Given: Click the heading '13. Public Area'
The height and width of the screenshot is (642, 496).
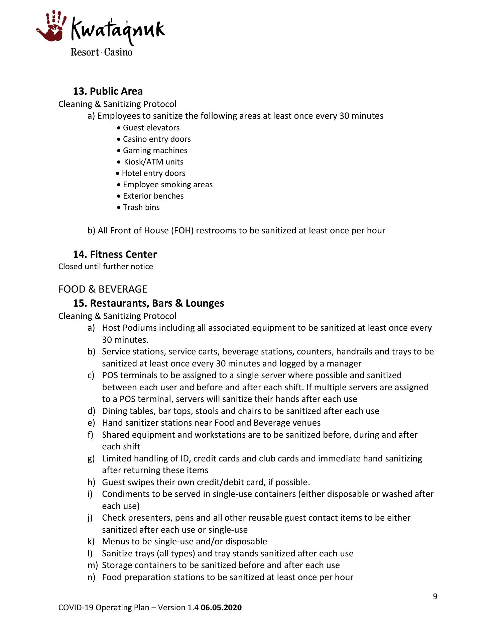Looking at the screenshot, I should tap(108, 91).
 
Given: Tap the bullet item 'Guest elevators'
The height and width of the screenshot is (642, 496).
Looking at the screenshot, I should tap(151, 128).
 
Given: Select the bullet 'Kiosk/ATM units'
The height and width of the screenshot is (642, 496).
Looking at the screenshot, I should tap(153, 162).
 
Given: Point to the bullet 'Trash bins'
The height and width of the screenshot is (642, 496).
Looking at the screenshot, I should tap(141, 207).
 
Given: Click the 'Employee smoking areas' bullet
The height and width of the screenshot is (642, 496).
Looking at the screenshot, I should tap(167, 185).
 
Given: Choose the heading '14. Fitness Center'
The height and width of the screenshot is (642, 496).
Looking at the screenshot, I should tap(115, 254).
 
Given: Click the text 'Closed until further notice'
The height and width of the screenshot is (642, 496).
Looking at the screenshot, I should tap(106, 266).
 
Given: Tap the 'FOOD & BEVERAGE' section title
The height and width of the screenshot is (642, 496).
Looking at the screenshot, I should tap(103, 289).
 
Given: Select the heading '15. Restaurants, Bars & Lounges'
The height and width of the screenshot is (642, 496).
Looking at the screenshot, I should tap(148, 303).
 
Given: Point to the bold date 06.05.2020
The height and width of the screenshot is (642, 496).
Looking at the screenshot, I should tap(221, 608).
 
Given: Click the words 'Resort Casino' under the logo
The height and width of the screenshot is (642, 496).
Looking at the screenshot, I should tap(101, 52).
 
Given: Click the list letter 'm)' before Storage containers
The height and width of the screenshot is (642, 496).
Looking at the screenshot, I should tap(93, 565).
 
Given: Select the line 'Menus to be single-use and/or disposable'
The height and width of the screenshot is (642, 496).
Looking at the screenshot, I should tap(184, 542).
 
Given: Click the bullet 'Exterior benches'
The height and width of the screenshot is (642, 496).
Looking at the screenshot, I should tap(153, 196).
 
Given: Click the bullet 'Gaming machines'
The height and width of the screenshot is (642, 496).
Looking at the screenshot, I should tap(155, 150).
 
